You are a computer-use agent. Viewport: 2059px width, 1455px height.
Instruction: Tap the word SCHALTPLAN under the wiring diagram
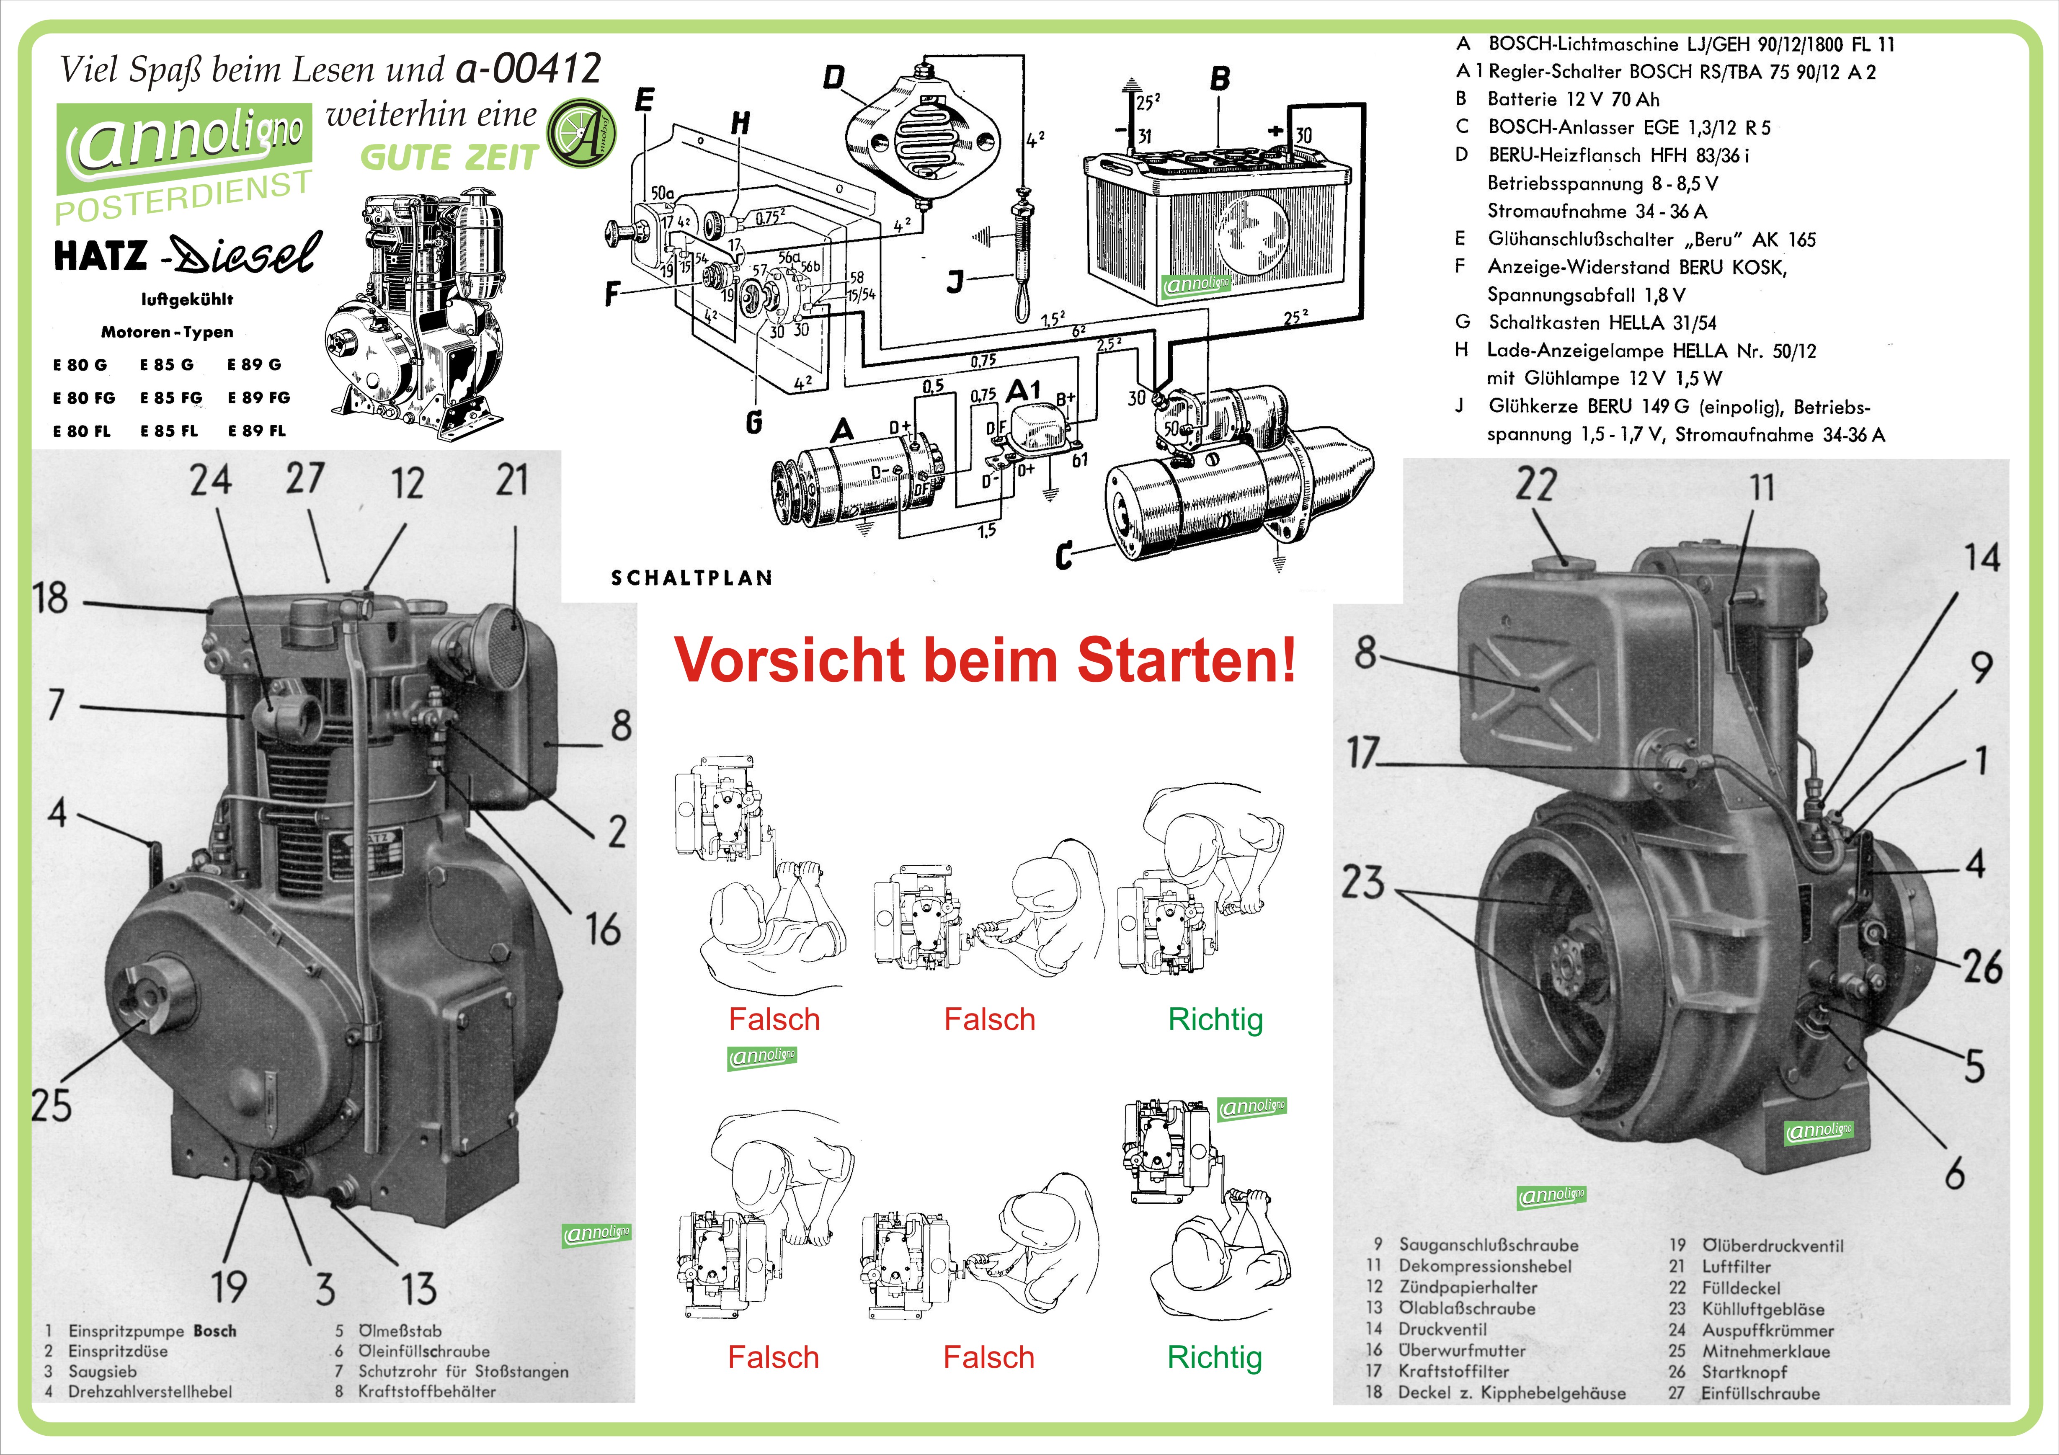pyautogui.click(x=691, y=578)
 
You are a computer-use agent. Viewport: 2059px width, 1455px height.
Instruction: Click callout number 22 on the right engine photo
pyautogui.click(x=1535, y=485)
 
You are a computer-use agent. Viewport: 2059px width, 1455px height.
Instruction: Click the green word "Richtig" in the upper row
pyautogui.click(x=1215, y=1019)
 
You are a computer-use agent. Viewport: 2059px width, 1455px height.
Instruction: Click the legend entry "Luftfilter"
pyautogui.click(x=1736, y=1267)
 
